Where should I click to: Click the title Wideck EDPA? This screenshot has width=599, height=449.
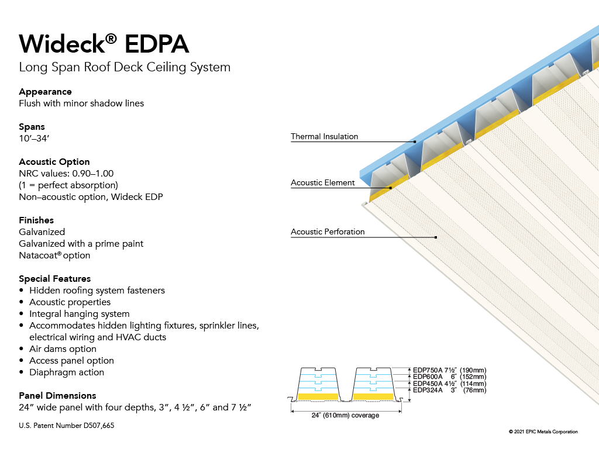[104, 43]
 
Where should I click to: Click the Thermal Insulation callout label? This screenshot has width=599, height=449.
[324, 136]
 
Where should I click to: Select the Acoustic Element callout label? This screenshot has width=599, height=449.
[323, 182]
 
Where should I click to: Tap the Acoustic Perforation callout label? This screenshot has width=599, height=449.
[328, 232]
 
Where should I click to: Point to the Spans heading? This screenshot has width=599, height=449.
[32, 127]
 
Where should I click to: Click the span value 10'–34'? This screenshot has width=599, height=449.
[34, 138]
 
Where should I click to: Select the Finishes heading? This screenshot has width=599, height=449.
[36, 220]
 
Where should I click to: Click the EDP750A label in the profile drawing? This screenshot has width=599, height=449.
[428, 370]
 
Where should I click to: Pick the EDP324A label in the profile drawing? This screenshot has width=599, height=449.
[428, 390]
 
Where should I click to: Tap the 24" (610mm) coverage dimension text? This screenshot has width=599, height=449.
[345, 415]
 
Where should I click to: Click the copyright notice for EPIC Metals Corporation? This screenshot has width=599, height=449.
[543, 431]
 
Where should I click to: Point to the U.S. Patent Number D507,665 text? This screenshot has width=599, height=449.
[67, 426]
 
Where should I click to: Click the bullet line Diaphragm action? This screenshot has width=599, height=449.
[67, 372]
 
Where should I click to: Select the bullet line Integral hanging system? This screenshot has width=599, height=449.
[80, 314]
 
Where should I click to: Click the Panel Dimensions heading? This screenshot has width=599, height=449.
[57, 396]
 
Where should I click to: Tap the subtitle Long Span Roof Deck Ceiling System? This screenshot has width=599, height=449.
[125, 67]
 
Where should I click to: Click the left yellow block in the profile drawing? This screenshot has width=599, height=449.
[318, 397]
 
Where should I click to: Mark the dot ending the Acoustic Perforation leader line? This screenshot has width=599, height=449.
[436, 237]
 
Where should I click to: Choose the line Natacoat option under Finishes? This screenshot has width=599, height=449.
[54, 255]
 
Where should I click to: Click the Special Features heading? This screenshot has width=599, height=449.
[54, 279]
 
